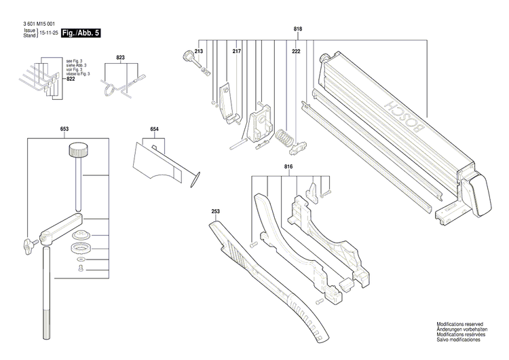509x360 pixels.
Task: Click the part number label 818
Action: [297, 29]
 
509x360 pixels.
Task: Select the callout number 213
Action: [199, 52]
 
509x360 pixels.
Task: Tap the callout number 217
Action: [237, 52]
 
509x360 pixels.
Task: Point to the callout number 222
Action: [296, 52]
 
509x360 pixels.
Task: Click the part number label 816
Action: [288, 166]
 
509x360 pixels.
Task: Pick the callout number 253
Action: [216, 212]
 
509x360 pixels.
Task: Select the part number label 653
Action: [64, 128]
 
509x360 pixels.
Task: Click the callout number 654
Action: [155, 128]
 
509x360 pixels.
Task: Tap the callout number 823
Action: [120, 58]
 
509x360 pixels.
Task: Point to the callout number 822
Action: [71, 79]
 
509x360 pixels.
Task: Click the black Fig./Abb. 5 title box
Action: [80, 33]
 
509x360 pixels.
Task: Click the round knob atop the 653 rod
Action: [79, 149]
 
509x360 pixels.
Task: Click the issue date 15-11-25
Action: [48, 33]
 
